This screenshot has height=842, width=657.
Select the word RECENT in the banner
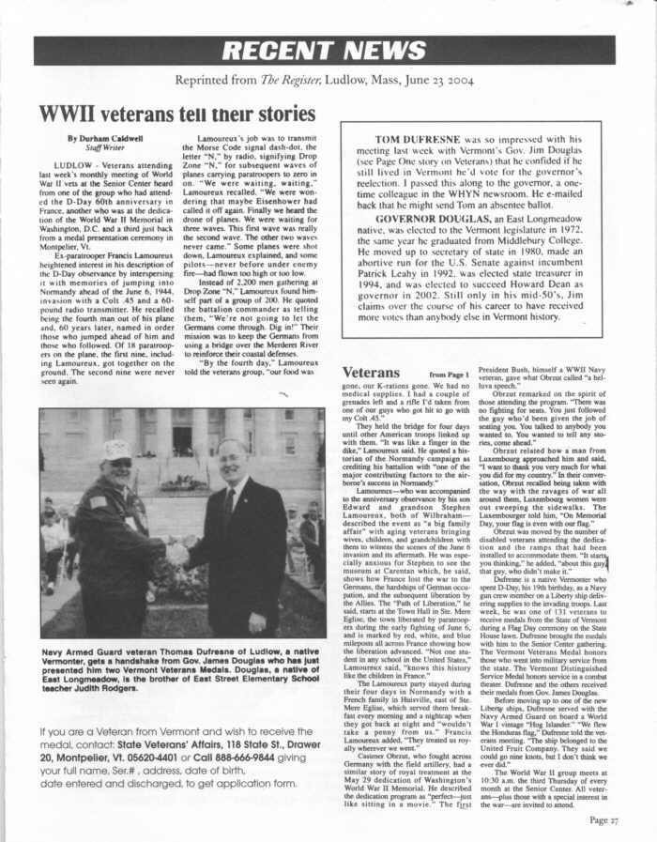[x=286, y=51]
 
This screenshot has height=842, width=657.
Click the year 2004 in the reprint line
[x=465, y=81]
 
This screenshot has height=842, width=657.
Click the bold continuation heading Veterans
[x=372, y=374]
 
